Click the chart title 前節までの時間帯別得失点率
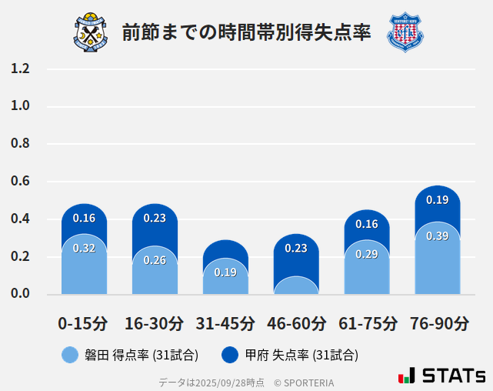coord(246,32)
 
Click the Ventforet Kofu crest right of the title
coord(405,32)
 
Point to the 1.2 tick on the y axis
coord(21,69)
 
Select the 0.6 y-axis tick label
coord(21,182)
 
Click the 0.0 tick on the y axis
coord(21,294)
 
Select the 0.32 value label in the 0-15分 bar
coord(84,248)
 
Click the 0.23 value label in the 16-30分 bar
coord(155,218)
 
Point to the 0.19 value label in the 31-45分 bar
coord(225,272)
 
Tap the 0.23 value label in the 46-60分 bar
coord(296,248)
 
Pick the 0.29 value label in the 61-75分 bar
coord(367,254)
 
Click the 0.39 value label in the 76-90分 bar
coord(438,236)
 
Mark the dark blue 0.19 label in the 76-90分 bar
coord(438,200)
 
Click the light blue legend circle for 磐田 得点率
coord(70,355)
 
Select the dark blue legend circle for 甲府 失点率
coord(230,355)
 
